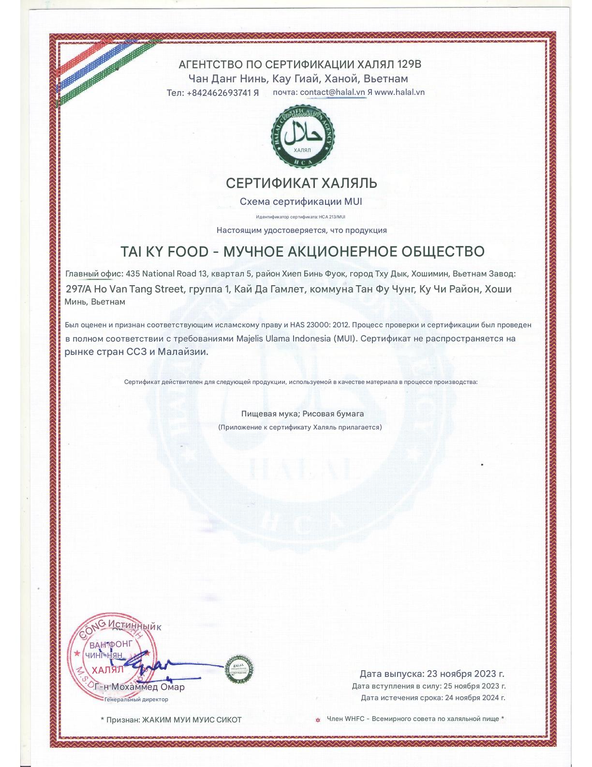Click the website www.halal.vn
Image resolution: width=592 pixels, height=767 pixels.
click(x=400, y=92)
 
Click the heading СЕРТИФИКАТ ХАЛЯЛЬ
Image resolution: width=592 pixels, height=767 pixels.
click(x=301, y=184)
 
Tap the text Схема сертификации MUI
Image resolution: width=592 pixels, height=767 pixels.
click(x=301, y=202)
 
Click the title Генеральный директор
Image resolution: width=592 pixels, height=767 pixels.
click(x=136, y=699)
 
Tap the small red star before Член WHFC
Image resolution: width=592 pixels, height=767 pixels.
click(x=318, y=720)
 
